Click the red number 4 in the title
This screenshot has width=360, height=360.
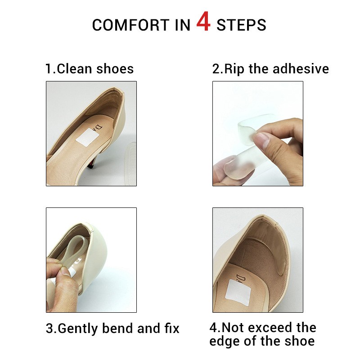click(203, 22)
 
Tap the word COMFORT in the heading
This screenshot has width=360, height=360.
click(131, 25)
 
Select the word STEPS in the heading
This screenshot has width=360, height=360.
click(241, 25)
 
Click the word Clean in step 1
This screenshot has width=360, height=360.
click(74, 69)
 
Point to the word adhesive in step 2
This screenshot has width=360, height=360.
click(301, 69)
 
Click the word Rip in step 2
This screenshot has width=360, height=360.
click(234, 69)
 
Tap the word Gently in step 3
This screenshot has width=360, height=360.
click(78, 328)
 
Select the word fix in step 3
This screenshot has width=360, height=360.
click(172, 328)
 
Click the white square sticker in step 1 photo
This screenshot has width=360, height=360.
click(87, 138)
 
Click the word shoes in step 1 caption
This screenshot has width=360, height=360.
click(115, 69)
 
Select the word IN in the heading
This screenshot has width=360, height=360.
click(183, 25)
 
